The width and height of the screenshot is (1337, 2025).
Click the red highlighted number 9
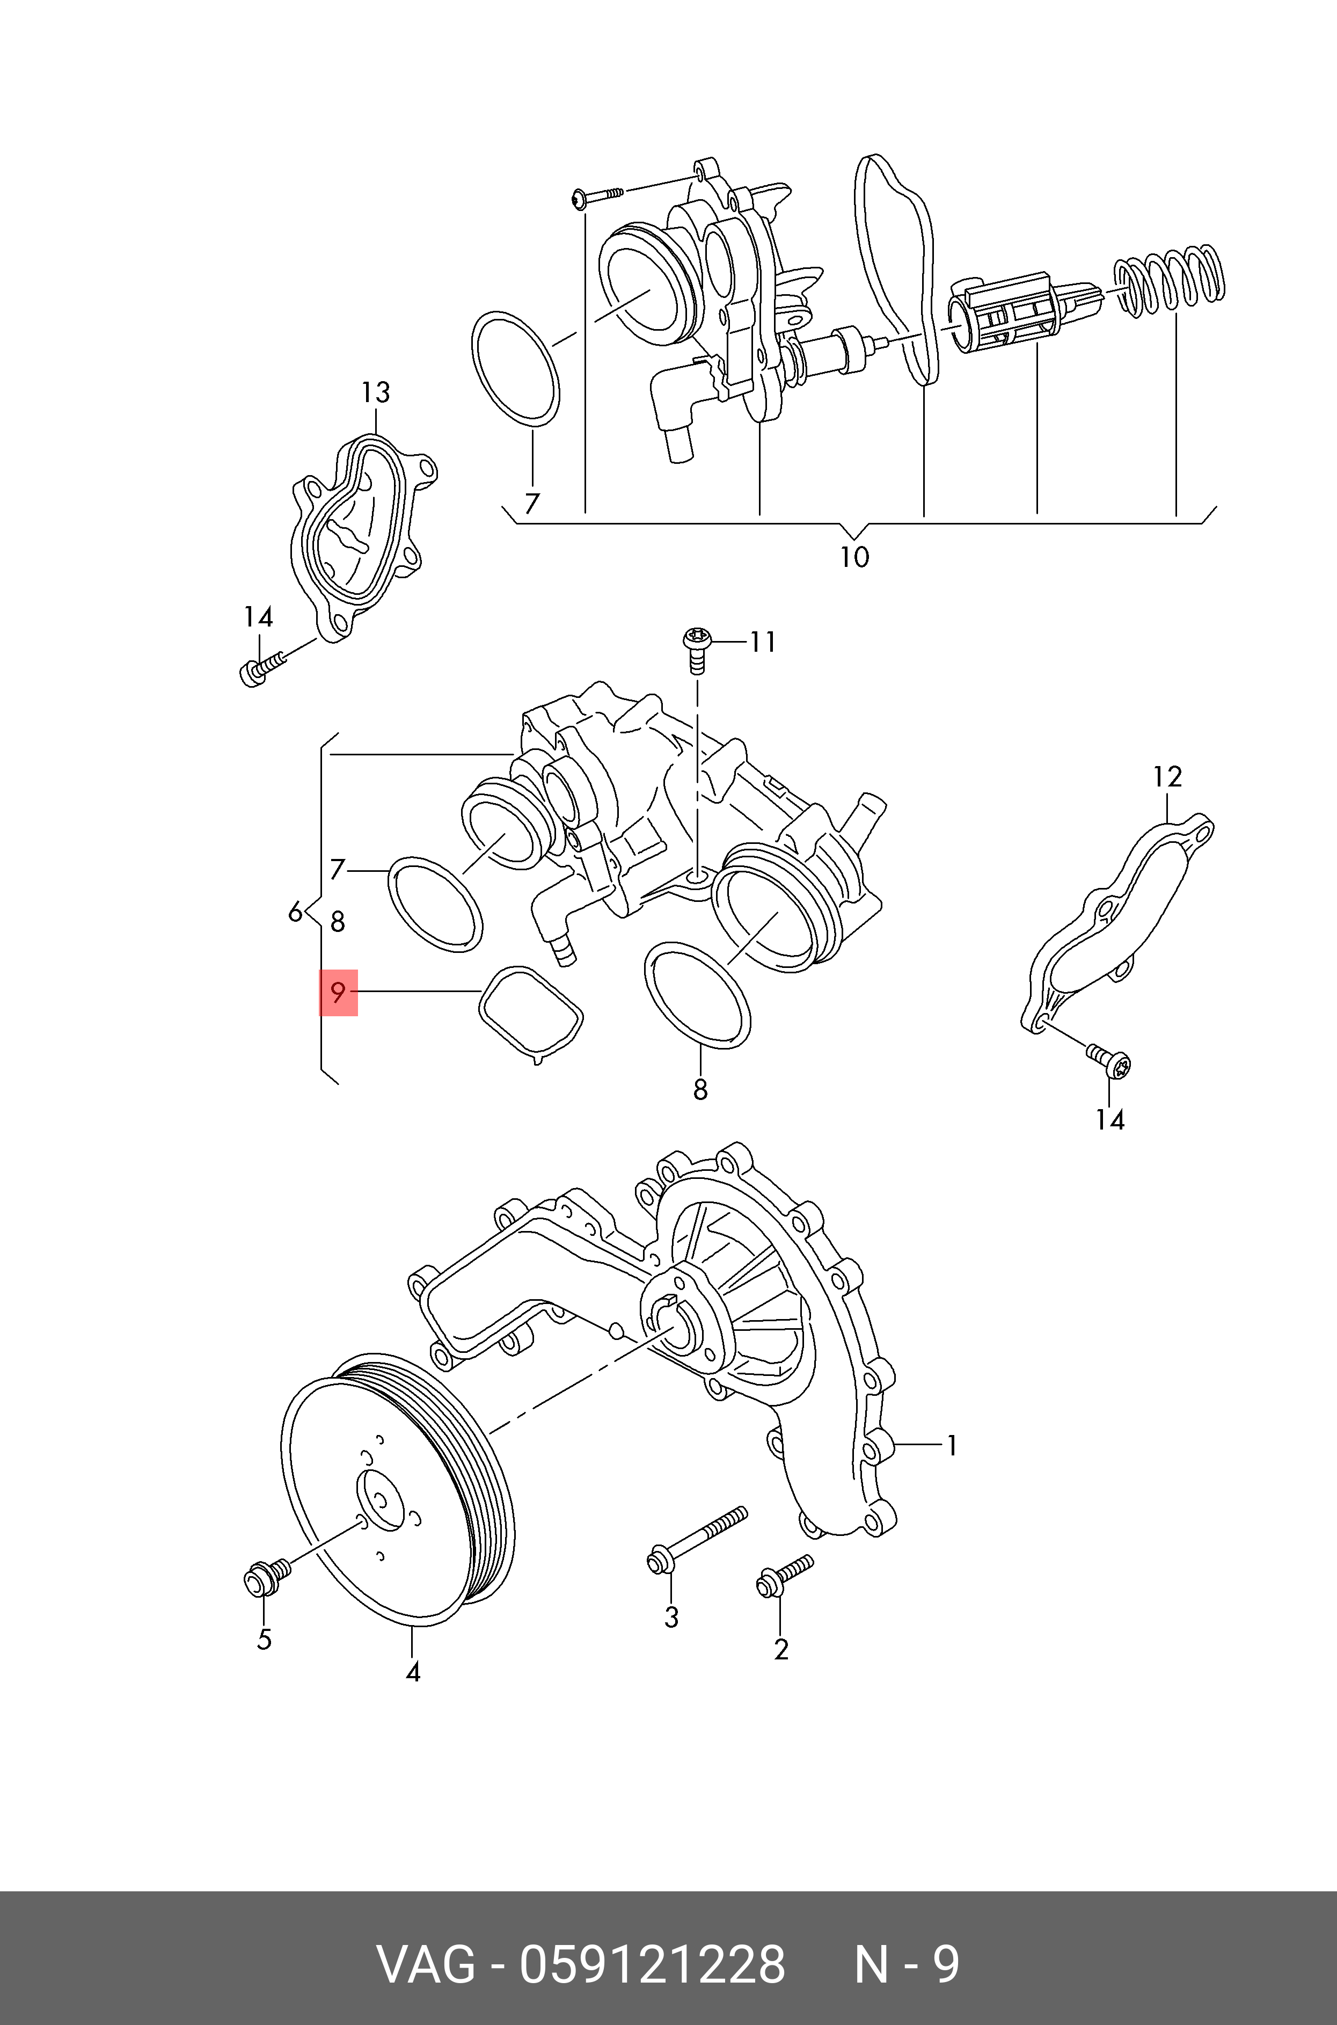(x=339, y=993)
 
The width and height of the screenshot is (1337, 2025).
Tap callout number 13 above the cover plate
(x=375, y=393)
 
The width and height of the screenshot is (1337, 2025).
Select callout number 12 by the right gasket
(x=1167, y=777)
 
